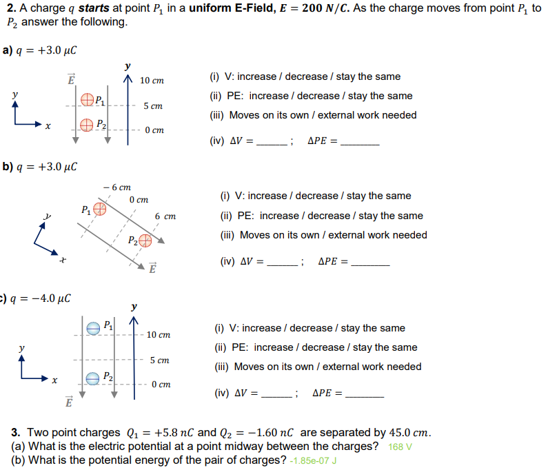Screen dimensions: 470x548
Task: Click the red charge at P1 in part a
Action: coord(87,101)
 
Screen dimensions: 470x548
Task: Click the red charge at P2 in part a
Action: coord(87,125)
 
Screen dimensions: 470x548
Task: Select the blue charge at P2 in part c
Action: coord(93,378)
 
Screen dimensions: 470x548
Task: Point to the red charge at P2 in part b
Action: coord(145,241)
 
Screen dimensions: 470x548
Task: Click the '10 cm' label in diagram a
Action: coord(152,81)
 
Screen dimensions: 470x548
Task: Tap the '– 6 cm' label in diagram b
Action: coord(116,187)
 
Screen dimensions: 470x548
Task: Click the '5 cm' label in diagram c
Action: coord(159,360)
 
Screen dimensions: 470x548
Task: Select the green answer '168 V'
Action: coord(400,447)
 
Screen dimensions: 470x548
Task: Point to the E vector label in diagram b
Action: coord(153,268)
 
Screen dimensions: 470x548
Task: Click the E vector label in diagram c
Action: coord(68,402)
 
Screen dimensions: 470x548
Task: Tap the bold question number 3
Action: coord(14,433)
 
